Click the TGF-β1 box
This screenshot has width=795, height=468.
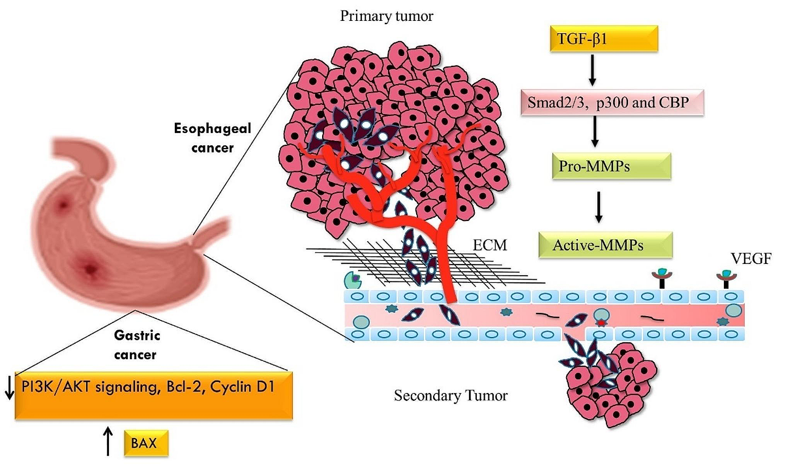pos(604,39)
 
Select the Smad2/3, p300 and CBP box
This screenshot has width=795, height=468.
pos(612,103)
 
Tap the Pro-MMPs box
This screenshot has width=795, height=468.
pos(611,166)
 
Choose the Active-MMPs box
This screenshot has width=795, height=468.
pos(606,245)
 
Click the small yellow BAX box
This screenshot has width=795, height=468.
pos(146,443)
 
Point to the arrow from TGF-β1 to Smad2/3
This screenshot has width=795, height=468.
pos(592,70)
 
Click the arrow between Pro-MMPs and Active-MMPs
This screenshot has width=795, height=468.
pos(598,207)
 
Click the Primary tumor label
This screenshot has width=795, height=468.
pos(386,16)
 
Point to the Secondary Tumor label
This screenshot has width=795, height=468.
pos(450,396)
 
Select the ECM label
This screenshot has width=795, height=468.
pos(490,245)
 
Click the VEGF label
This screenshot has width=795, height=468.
pos(751,259)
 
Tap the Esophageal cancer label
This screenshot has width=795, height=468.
pos(213,138)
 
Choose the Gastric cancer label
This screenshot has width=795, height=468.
pos(136,345)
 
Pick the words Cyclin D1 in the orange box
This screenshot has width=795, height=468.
pos(242,387)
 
